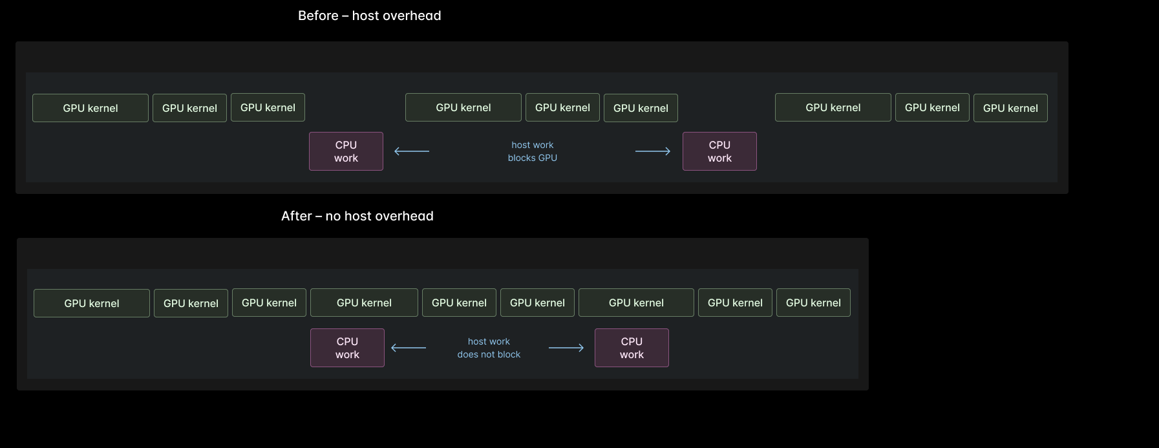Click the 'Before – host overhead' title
[x=369, y=16]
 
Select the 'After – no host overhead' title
[x=357, y=216]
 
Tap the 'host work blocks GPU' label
[x=532, y=151]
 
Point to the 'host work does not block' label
[x=489, y=348]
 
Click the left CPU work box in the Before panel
[x=346, y=151]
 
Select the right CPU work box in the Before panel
[x=719, y=151]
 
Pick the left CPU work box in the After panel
[x=347, y=348]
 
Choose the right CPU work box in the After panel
[x=632, y=348]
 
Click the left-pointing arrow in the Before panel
[x=412, y=151]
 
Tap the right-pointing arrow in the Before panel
[x=653, y=151]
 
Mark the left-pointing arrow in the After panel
[x=409, y=348]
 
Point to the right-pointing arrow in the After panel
[x=566, y=348]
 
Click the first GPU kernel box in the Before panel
[x=90, y=108]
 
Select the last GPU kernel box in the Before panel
[x=1010, y=108]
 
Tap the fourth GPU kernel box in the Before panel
[x=463, y=107]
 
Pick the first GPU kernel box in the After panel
[x=92, y=303]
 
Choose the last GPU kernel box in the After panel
[x=813, y=303]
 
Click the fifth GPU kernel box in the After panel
[x=459, y=303]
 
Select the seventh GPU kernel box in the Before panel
[x=833, y=107]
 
